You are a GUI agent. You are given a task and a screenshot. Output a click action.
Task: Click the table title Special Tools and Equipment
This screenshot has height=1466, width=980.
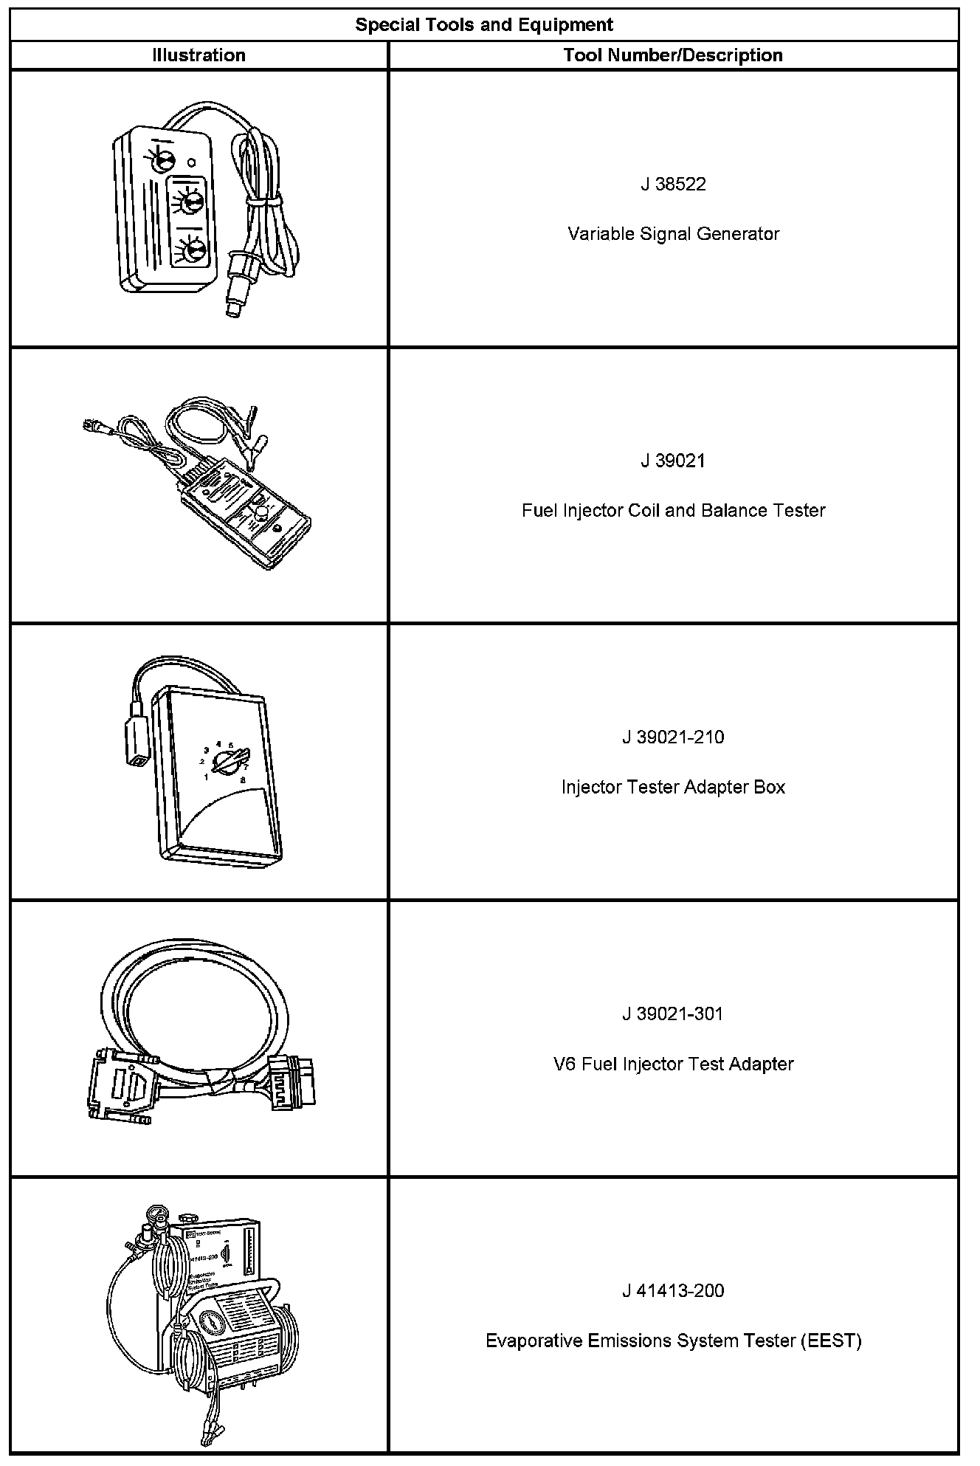[484, 25]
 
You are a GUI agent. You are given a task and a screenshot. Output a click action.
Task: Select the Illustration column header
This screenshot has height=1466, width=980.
[199, 55]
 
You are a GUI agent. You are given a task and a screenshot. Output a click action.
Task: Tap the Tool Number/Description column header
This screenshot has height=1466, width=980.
[672, 55]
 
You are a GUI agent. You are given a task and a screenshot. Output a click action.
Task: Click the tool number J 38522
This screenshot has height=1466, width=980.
[673, 185]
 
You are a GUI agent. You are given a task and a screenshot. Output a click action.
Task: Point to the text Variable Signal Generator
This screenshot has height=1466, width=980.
[673, 234]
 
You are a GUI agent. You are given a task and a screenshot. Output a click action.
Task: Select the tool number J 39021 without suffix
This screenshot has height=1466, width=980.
[673, 461]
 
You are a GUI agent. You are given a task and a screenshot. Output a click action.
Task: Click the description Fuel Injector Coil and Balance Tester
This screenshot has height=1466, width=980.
[673, 511]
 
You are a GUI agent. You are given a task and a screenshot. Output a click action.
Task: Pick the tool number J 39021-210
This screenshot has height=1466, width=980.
[673, 737]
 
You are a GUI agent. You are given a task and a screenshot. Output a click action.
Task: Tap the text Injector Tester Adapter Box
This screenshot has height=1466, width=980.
[673, 788]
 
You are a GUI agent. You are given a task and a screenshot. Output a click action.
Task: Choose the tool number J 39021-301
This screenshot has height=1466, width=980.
[673, 1014]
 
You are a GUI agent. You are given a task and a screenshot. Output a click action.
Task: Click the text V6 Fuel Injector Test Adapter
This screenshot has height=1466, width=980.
[673, 1064]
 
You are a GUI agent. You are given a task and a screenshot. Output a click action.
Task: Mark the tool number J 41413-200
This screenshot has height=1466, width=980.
[673, 1291]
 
